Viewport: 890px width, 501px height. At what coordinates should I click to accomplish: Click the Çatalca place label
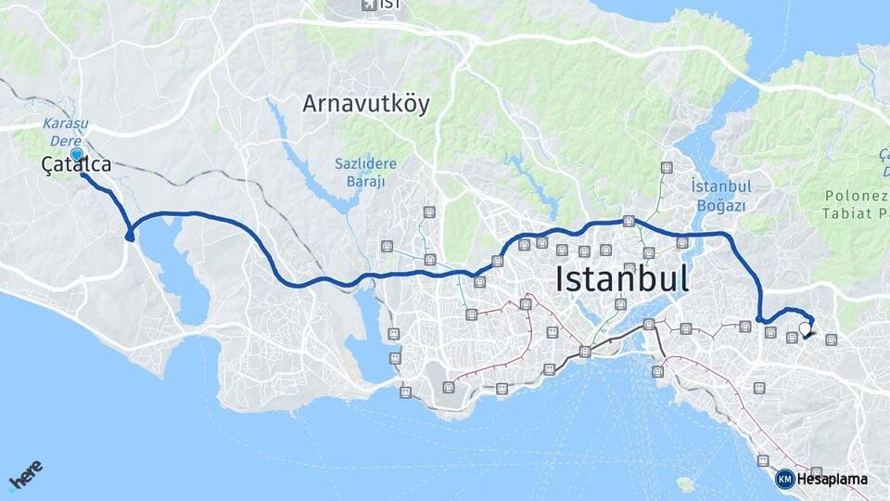pyautogui.click(x=76, y=165)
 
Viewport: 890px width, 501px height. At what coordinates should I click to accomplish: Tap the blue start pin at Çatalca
pyautogui.click(x=76, y=154)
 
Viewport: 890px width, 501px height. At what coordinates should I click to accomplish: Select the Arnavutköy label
pyautogui.click(x=366, y=104)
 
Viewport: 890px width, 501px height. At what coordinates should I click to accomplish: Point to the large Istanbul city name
pyautogui.click(x=622, y=279)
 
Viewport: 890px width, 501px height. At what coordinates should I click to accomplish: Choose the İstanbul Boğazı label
pyautogui.click(x=720, y=195)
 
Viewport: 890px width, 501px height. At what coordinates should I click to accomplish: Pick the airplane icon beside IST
pyautogui.click(x=368, y=5)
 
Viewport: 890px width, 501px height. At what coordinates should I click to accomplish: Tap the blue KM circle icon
pyautogui.click(x=784, y=479)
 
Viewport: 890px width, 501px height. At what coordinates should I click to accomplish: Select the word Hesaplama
pyautogui.click(x=832, y=480)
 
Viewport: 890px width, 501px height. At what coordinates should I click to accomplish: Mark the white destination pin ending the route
pyautogui.click(x=804, y=328)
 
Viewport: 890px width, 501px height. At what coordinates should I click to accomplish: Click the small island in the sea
pyautogui.click(x=686, y=484)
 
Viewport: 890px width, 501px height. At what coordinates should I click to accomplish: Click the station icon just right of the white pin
pyautogui.click(x=831, y=340)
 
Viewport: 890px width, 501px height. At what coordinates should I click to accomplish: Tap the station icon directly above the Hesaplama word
pyautogui.click(x=816, y=472)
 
